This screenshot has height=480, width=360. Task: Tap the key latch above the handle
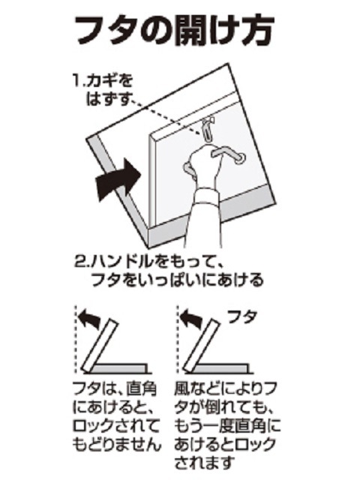(208, 129)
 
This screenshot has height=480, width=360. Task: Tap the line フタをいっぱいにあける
(177, 280)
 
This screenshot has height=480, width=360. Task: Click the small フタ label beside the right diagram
(242, 317)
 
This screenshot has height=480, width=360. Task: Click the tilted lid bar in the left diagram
(100, 345)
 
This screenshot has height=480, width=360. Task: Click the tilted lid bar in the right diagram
(201, 345)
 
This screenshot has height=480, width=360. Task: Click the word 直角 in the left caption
(141, 388)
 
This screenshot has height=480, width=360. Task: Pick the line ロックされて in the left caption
(116, 426)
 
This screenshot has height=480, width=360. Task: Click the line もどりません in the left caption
(117, 445)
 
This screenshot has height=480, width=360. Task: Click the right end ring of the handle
(240, 158)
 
